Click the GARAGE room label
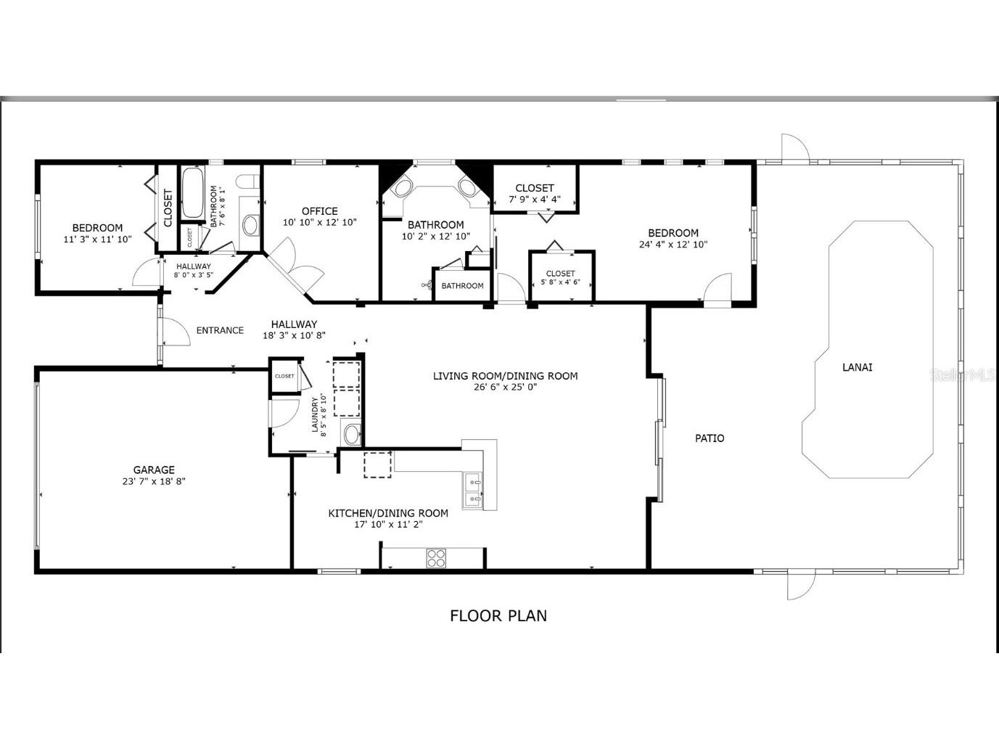(x=154, y=470)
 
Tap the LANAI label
(x=857, y=367)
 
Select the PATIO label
(x=710, y=438)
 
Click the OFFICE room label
(x=320, y=211)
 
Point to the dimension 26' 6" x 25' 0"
(x=505, y=388)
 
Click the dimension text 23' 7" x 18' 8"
(x=154, y=481)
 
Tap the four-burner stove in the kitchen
(x=436, y=557)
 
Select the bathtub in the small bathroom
(x=192, y=193)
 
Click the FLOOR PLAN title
(x=498, y=616)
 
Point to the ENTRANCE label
(x=220, y=331)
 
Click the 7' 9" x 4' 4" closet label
(x=535, y=193)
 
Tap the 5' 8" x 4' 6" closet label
(x=561, y=277)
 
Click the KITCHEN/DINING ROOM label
(x=388, y=513)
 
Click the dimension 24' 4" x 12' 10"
(x=673, y=245)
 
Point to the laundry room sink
(x=351, y=435)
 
